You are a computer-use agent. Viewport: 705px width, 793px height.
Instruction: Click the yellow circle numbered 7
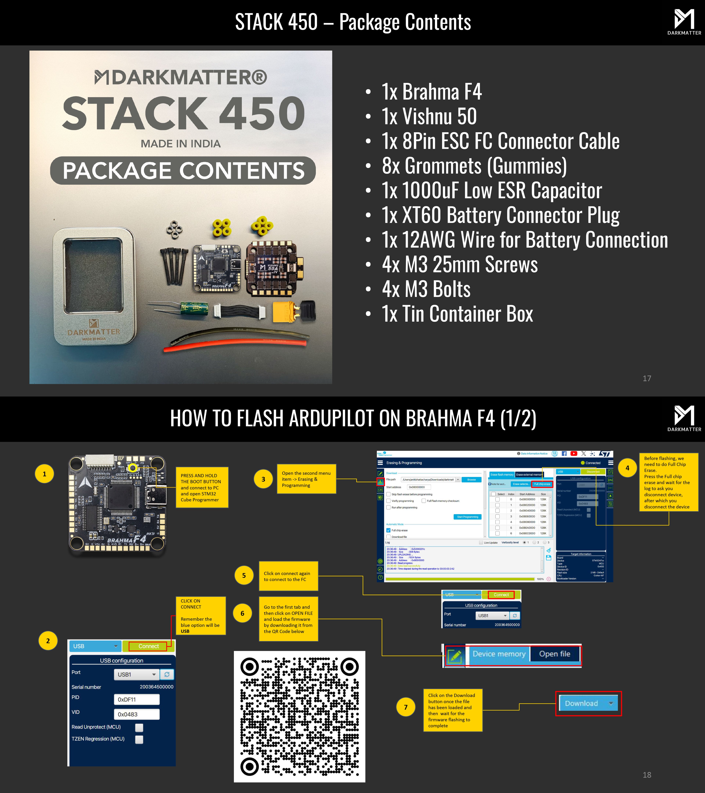pyautogui.click(x=405, y=707)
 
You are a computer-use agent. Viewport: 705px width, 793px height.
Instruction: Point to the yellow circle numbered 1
pyautogui.click(x=44, y=474)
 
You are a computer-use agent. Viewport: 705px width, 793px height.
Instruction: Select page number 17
pyautogui.click(x=647, y=378)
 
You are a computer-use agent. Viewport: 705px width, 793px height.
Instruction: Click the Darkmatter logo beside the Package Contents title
pyautogui.click(x=684, y=22)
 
